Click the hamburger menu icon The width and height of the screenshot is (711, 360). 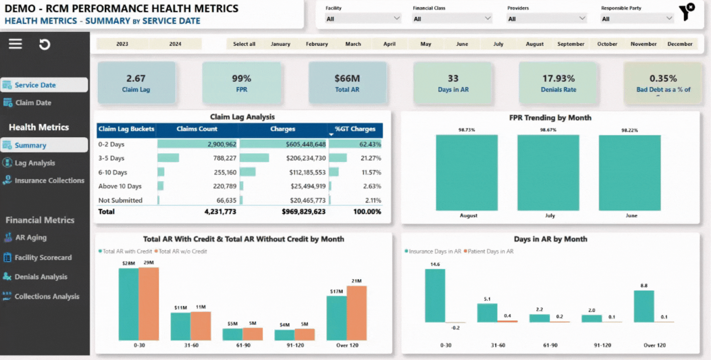tap(15, 44)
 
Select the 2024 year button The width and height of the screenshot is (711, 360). tap(175, 44)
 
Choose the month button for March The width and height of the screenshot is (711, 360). tap(353, 44)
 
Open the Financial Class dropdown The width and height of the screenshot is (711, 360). tap(452, 19)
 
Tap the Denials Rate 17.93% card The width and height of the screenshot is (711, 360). tap(558, 83)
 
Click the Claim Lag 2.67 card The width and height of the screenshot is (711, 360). tap(136, 83)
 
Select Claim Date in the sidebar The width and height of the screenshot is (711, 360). tap(33, 103)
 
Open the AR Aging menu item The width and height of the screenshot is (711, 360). tap(30, 238)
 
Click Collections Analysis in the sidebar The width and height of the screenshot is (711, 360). tap(47, 297)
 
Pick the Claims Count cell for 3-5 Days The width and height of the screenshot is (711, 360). tap(225, 158)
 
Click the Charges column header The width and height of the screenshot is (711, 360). tap(283, 129)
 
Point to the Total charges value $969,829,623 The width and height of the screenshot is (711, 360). tap(303, 212)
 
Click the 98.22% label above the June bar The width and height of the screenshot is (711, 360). tap(629, 130)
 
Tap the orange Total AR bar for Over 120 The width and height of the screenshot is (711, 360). tap(357, 313)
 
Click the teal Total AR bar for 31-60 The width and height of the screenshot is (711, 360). tap(181, 326)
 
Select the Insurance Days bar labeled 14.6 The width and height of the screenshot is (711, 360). tap(435, 296)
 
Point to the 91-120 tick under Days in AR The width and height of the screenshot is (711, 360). tap(602, 345)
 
